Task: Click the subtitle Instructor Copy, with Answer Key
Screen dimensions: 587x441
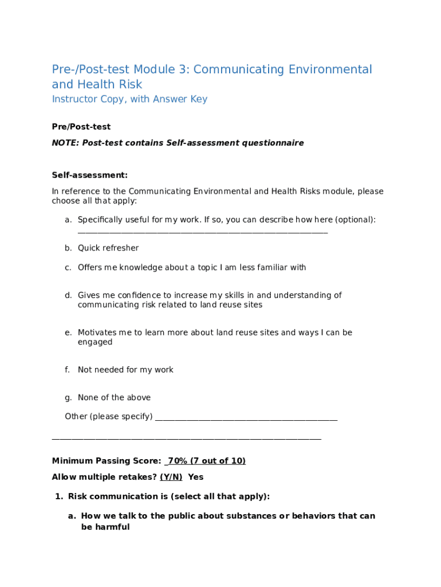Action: click(129, 99)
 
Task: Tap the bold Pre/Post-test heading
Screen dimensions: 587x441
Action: click(81, 127)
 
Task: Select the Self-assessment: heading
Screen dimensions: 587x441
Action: click(90, 175)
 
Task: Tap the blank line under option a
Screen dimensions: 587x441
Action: click(203, 232)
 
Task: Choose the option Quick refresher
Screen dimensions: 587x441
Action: click(108, 248)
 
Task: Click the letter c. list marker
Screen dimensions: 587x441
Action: click(68, 268)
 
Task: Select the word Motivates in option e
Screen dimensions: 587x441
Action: click(96, 332)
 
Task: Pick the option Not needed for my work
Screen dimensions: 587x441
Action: click(125, 370)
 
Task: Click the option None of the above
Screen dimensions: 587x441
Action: click(114, 398)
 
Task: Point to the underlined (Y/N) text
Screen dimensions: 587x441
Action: click(171, 477)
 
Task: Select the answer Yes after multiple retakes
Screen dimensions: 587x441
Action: click(196, 477)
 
